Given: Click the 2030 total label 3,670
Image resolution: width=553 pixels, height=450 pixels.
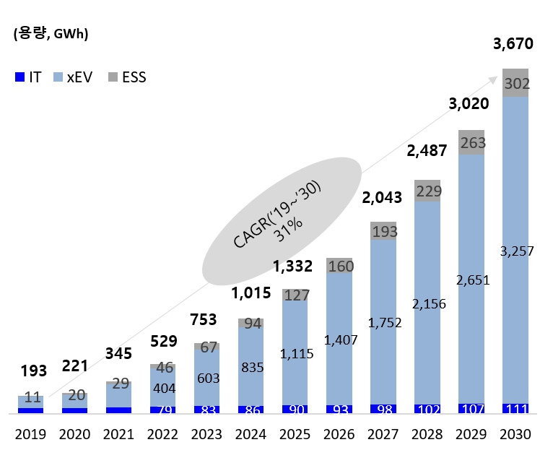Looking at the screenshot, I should tap(513, 44).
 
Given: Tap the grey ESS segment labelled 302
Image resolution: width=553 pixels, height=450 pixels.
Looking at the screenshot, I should tap(515, 83).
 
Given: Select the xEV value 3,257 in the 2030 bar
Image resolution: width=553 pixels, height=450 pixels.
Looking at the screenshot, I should tap(515, 251).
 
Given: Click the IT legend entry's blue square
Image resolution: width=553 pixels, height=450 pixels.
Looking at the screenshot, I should tap(19, 77).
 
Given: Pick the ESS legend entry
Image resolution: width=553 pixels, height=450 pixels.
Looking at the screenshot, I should tap(127, 77).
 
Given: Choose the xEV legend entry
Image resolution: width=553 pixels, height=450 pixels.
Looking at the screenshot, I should tap(73, 77).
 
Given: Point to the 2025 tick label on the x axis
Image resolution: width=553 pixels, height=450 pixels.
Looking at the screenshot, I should tap(295, 434).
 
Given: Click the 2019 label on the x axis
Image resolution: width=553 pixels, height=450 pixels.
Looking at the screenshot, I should tap(30, 434).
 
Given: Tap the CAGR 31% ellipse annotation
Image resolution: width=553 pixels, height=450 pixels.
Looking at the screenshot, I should tap(282, 217).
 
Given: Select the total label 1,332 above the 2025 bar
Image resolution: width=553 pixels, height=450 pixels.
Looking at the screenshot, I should tap(292, 266).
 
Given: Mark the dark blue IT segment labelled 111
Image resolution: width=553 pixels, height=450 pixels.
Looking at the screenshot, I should tap(515, 409).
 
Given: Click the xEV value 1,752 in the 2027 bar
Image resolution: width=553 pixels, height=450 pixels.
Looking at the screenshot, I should tap(383, 324).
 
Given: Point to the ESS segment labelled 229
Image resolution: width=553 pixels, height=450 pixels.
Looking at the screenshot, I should tap(427, 191).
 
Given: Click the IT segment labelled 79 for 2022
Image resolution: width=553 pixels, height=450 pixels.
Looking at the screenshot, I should tap(163, 410).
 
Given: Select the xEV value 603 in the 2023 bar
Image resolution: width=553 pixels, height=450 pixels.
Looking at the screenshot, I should tap(207, 378).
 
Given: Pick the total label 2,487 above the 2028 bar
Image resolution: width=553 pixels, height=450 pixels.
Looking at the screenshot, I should tap(425, 152).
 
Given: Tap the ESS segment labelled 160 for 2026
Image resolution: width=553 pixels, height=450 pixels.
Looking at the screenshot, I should tap(339, 267).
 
